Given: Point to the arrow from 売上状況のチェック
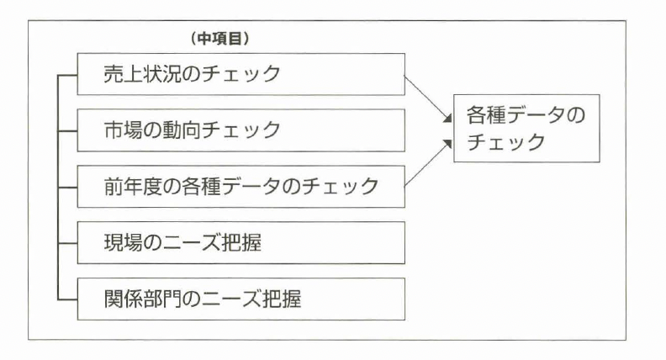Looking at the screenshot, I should tap(427, 99).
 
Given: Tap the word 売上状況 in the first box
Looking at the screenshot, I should tap(135, 74).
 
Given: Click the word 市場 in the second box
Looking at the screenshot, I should tap(118, 130).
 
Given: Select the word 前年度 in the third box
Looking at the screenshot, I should tap(126, 186).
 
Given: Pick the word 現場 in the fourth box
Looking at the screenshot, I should tap(118, 242).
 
